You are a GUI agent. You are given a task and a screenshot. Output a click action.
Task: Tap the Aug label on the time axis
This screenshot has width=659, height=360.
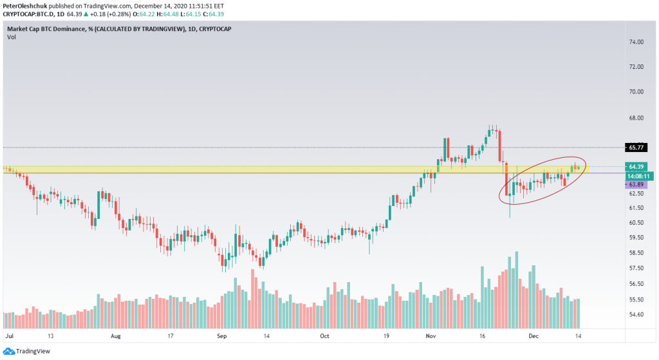click(116, 336)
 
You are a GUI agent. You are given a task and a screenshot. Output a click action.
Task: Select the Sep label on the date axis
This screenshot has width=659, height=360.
click(221, 336)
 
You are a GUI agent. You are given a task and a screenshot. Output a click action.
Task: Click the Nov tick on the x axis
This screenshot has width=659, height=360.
click(429, 336)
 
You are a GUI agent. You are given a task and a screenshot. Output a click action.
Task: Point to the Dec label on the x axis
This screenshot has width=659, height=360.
click(534, 336)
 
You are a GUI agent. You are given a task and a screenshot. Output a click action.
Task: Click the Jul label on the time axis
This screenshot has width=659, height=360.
click(10, 336)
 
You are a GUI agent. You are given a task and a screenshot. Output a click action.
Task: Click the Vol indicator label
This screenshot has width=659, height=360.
click(12, 37)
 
